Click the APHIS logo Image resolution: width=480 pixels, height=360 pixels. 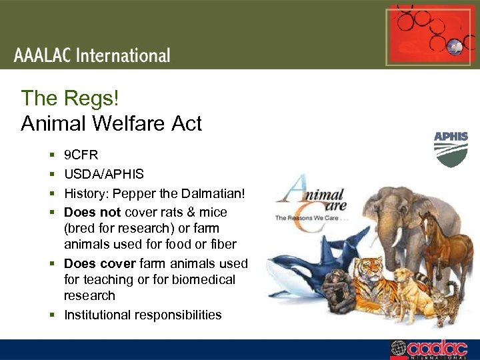pyautogui.click(x=451, y=149)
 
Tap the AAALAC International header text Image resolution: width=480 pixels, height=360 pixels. pyautogui.click(x=92, y=55)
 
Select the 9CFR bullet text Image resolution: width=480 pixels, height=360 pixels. pyautogui.click(x=81, y=155)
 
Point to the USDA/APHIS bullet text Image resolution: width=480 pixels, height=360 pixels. pyautogui.click(x=103, y=174)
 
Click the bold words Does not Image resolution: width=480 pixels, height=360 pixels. pyautogui.click(x=92, y=212)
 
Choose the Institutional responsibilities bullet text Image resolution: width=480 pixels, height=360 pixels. pyautogui.click(x=143, y=315)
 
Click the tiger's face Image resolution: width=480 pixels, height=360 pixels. pyautogui.click(x=369, y=272)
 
